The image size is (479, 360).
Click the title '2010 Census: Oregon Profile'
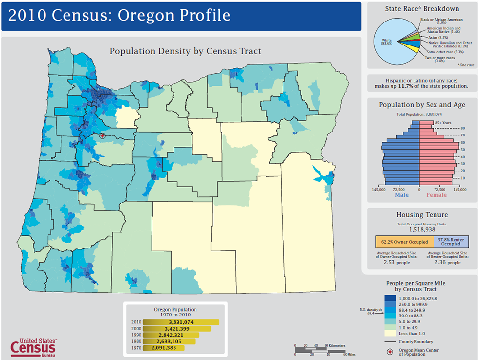(120, 15)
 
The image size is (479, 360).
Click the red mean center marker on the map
(102, 136)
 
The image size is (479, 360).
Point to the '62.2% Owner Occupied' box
(404, 242)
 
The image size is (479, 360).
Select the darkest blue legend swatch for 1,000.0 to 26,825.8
(390, 298)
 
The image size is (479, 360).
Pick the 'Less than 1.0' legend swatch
(390, 333)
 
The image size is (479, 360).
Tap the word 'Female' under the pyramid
(436, 195)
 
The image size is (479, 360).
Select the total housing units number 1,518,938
(422, 229)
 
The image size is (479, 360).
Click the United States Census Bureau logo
(33, 347)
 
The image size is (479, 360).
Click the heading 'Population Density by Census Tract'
(185, 51)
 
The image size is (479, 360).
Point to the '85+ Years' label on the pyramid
(443, 122)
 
